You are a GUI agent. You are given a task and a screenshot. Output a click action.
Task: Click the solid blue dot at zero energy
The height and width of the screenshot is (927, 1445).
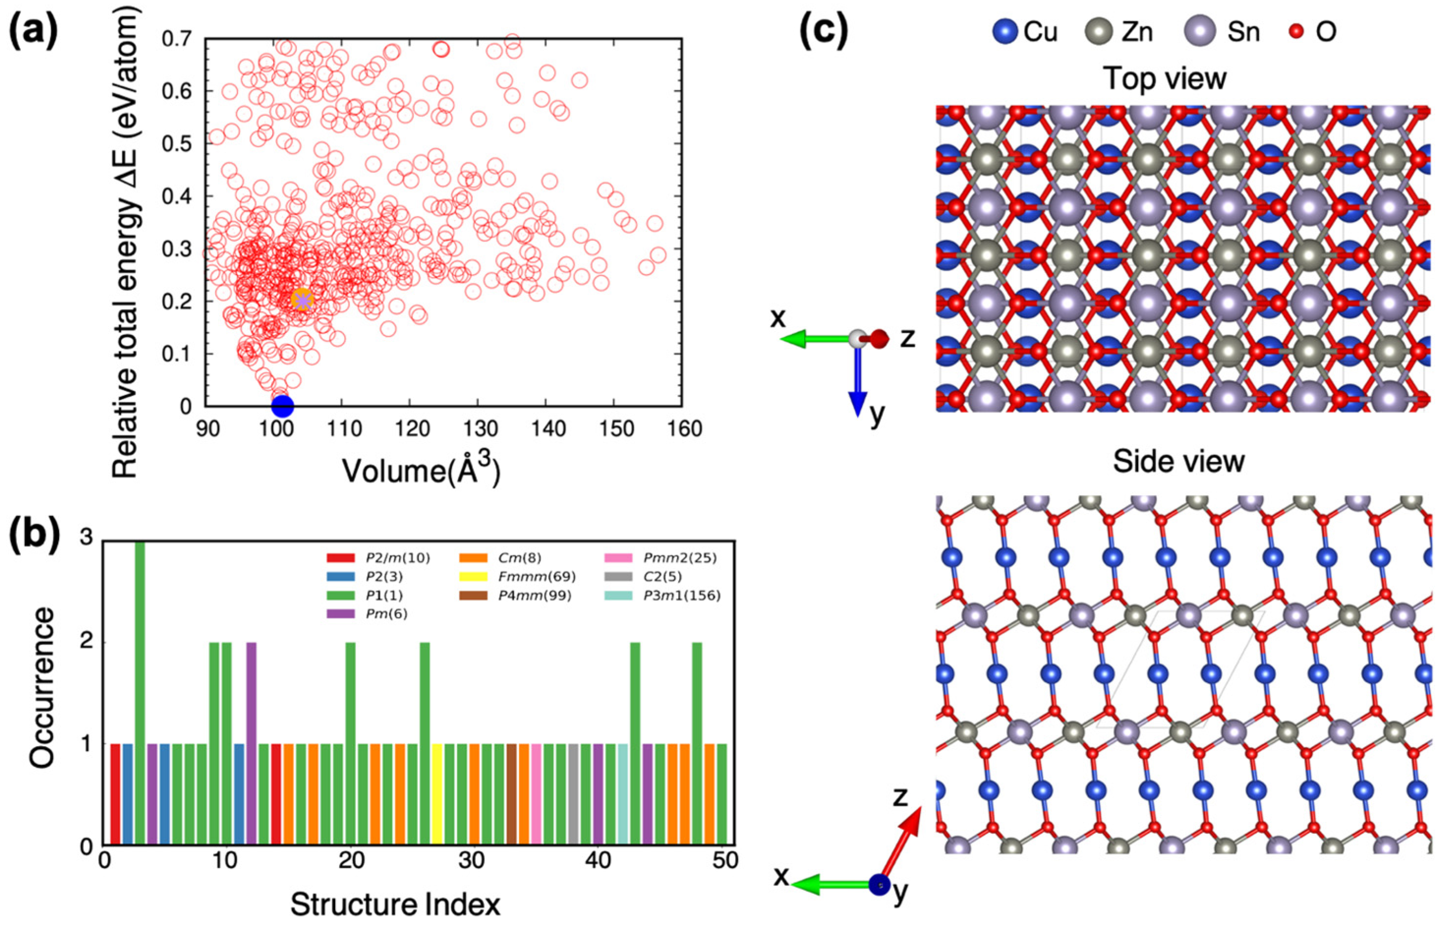tap(283, 406)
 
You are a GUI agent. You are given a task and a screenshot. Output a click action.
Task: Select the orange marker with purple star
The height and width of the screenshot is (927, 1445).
tap(302, 299)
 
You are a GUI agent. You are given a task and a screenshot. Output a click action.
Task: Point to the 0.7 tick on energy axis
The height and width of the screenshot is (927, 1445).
tap(181, 39)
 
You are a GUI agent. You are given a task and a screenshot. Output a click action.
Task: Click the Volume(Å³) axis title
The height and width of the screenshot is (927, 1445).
tap(422, 471)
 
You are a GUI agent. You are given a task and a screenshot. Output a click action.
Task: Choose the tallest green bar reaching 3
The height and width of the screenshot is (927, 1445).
tap(140, 692)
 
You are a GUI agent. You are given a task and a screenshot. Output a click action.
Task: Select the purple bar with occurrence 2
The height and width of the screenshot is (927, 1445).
tap(252, 743)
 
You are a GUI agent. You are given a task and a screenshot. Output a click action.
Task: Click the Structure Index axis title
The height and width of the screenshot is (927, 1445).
tap(395, 905)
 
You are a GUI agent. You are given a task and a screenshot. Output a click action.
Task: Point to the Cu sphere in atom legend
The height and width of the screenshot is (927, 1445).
tap(1005, 31)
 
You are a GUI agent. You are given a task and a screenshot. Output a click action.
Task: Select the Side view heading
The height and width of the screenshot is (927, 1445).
tap(1178, 462)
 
